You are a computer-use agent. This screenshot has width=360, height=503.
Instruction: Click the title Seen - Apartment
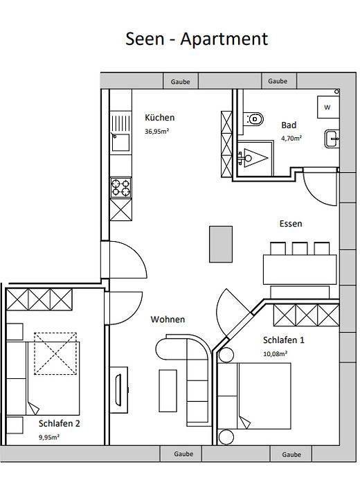tap(196, 39)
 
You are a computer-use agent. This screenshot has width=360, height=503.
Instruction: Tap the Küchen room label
tap(159, 118)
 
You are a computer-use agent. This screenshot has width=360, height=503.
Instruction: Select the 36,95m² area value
tap(156, 131)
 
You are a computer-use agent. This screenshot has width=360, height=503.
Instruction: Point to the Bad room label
tap(289, 125)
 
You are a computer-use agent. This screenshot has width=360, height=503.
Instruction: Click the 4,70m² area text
tap(291, 138)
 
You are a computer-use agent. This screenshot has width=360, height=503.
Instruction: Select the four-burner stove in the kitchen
tap(120, 186)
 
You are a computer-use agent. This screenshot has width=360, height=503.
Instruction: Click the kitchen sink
tap(120, 141)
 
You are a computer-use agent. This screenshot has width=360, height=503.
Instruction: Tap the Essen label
tap(290, 224)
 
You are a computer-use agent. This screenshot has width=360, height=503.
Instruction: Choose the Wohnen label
tap(168, 319)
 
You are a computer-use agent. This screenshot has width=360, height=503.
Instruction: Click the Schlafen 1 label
tap(284, 341)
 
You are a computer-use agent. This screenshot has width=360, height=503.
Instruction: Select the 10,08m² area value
tap(276, 353)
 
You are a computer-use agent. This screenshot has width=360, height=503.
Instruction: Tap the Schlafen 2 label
tap(60, 423)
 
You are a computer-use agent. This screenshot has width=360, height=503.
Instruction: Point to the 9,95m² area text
tap(48, 437)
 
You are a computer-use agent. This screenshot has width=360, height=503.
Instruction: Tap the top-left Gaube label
tap(181, 82)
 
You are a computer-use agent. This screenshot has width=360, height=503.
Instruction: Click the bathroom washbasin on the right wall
tap(332, 138)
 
